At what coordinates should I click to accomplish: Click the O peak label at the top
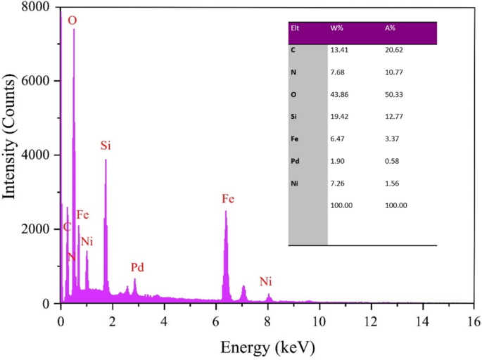pos(72,21)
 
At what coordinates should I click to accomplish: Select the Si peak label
pos(106,146)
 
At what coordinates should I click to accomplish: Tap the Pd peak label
pos(139,268)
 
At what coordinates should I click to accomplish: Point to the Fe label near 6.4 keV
pos(228,199)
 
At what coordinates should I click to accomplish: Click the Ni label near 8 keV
pos(265,282)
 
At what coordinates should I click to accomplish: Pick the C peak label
pos(67,227)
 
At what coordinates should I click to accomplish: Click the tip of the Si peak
pos(106,160)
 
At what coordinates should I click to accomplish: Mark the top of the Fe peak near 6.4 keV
pos(225,211)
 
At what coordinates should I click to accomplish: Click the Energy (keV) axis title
pos(267,347)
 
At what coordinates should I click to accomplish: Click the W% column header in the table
pos(337,28)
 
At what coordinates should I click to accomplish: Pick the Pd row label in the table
pos(295,161)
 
